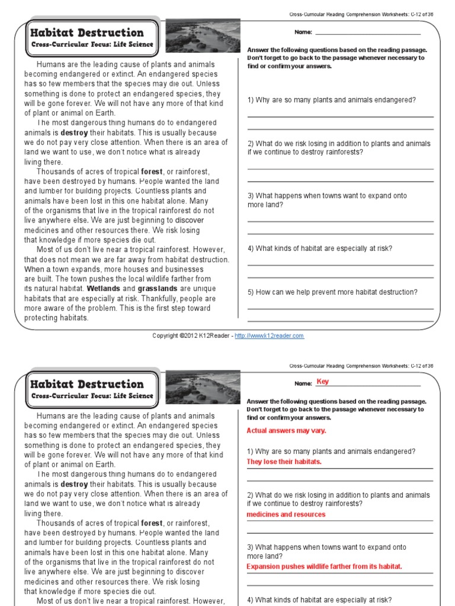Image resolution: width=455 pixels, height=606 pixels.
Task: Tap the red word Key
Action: pyautogui.click(x=322, y=382)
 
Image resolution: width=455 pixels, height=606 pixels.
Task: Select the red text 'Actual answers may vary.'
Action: pyautogui.click(x=286, y=431)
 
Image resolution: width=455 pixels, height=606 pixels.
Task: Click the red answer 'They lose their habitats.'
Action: pyautogui.click(x=284, y=462)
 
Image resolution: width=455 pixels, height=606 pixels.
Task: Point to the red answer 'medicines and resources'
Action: pyautogui.click(x=286, y=515)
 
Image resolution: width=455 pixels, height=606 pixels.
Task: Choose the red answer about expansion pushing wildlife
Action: pyautogui.click(x=324, y=567)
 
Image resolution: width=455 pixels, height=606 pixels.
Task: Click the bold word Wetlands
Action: pyautogui.click(x=104, y=289)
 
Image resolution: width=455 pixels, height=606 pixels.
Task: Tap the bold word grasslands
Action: pyautogui.click(x=158, y=289)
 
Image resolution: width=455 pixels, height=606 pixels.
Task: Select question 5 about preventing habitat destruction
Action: pyautogui.click(x=332, y=292)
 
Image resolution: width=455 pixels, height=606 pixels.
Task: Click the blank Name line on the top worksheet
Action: pyautogui.click(x=367, y=34)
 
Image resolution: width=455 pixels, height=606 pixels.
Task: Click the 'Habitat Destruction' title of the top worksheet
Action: pyautogui.click(x=87, y=33)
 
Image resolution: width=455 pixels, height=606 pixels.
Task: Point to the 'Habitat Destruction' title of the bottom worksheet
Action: pyautogui.click(x=87, y=384)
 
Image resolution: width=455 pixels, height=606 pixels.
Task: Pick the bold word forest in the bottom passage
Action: pyautogui.click(x=152, y=523)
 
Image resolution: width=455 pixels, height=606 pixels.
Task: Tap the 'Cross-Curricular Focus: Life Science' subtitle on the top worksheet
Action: pyautogui.click(x=92, y=44)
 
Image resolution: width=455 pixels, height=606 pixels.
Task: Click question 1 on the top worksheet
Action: pyautogui.click(x=331, y=100)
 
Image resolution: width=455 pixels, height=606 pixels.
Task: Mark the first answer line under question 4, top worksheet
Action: pyautogui.click(x=340, y=265)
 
